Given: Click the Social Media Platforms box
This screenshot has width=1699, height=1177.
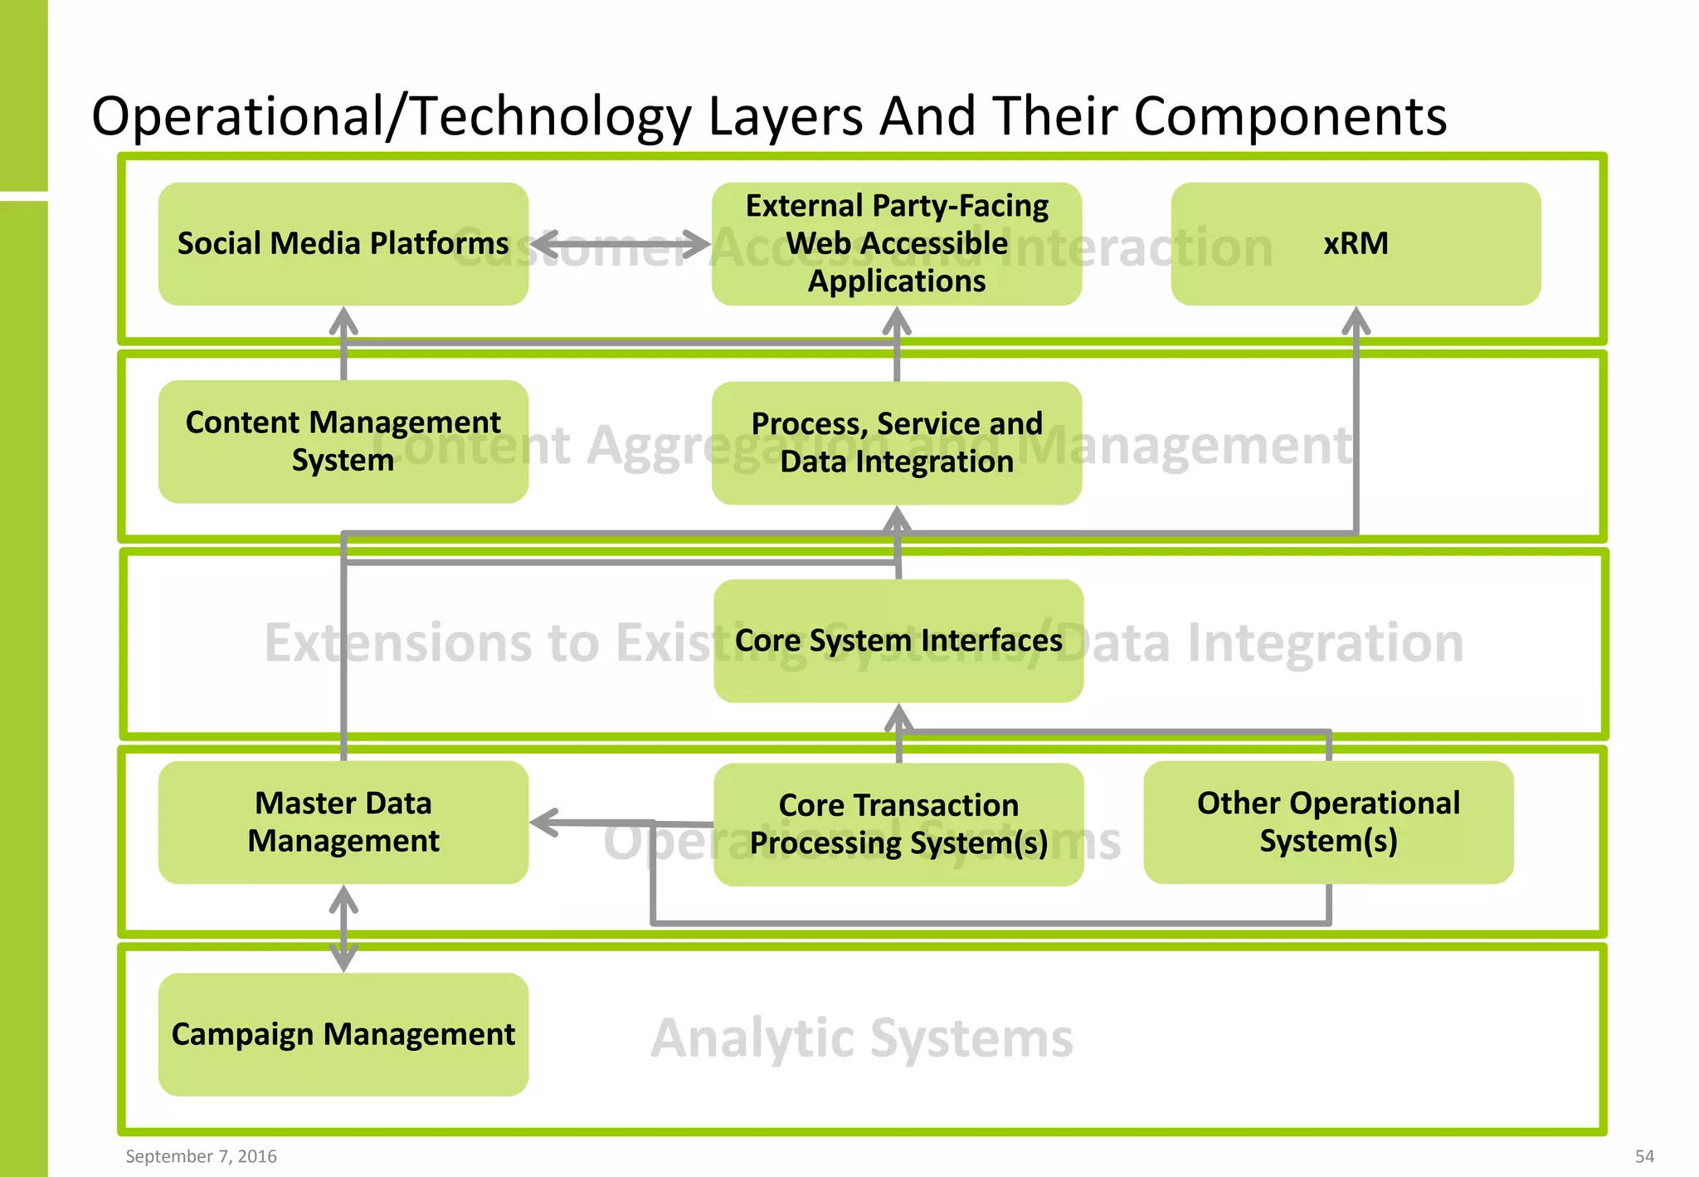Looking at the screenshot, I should pos(343,243).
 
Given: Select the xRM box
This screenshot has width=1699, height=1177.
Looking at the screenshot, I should pos(1356,243).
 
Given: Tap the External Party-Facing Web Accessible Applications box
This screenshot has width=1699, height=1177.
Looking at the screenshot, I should pos(896,243).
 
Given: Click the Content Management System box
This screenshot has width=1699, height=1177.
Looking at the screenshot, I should pos(343,441).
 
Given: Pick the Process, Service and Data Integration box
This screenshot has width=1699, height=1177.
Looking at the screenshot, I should pos(896,442).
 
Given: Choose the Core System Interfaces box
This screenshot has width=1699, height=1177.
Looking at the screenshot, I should pos(898,640).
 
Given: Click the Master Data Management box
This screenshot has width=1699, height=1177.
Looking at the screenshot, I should pos(343,822).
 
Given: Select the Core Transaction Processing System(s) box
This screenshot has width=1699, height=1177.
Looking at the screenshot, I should pos(898,823).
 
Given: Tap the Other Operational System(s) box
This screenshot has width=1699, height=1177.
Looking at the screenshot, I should pos(1327,822).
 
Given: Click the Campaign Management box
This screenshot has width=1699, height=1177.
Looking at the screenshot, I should pos(343,1034).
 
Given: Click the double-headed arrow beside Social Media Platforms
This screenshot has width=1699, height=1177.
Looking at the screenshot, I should pos(620,244).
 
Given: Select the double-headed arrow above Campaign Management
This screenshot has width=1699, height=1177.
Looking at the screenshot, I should pos(343,928).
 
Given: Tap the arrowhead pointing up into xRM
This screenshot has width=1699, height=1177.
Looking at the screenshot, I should pos(1356,320).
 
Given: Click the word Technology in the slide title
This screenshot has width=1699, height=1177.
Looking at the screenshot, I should pos(551,116).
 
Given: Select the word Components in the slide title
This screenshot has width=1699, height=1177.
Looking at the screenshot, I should pos(1290,116).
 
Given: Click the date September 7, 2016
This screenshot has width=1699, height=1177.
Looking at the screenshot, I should pos(201,1156).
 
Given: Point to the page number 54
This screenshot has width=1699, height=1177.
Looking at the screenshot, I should pos(1643,1156).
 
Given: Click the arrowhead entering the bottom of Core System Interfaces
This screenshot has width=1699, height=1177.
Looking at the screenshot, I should pos(898,717).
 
